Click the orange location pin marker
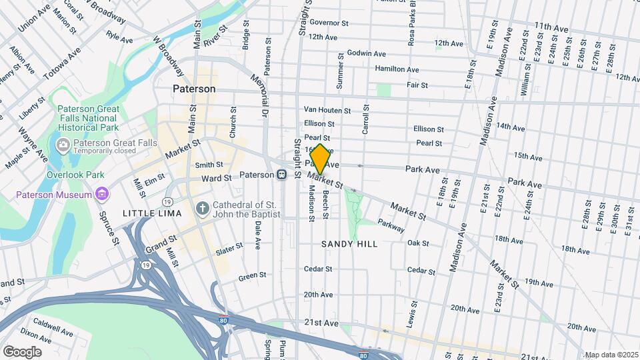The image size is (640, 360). [320, 159]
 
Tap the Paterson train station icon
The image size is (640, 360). [282, 175]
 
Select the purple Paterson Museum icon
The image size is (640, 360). [101, 195]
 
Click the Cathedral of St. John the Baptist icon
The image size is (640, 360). [203, 209]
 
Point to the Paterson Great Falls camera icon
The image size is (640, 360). [63, 143]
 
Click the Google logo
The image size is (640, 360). [22, 351]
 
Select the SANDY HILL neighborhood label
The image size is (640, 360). [349, 244]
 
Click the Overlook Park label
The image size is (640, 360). [75, 175]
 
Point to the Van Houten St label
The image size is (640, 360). [327, 110]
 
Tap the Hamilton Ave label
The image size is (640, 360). [397, 69]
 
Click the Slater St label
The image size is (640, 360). [229, 249]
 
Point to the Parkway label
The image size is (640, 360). [391, 227]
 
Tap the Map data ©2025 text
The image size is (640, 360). [611, 355]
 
